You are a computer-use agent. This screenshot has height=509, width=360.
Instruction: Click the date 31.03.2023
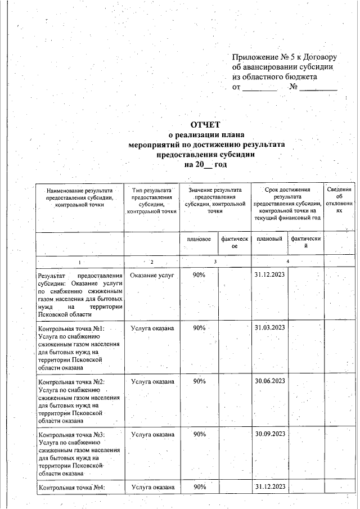[x=269, y=327]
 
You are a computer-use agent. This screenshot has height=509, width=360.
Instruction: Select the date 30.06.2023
[x=269, y=381]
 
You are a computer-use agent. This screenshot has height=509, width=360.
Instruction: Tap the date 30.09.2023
[x=269, y=434]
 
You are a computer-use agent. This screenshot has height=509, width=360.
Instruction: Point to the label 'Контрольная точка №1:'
[x=71, y=328]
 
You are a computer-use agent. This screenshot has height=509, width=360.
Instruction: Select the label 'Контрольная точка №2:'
[x=71, y=382]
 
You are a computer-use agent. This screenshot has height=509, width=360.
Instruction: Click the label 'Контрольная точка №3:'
[x=71, y=435]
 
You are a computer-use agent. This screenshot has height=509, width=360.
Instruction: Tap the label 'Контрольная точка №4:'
[x=71, y=488]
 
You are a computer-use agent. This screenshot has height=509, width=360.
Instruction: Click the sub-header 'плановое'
[x=199, y=240]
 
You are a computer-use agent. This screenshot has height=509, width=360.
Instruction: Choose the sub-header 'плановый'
[x=269, y=240]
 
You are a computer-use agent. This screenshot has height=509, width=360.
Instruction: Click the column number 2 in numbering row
[x=151, y=262]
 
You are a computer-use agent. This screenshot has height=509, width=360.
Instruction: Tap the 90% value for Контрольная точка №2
[x=199, y=381]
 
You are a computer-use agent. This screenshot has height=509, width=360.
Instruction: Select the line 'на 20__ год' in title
[x=205, y=164]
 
